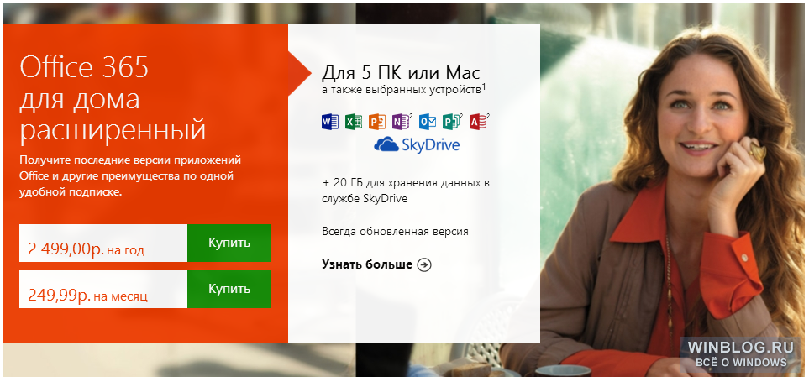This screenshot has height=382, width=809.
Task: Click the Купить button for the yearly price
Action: tap(229, 243)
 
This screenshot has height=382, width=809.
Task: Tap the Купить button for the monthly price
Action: tap(229, 289)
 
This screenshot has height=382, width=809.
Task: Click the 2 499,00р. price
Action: tap(66, 249)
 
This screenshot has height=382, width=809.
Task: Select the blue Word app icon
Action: tap(329, 121)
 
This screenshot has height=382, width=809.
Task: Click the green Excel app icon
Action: tap(354, 121)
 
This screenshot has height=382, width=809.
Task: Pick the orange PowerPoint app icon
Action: tap(377, 121)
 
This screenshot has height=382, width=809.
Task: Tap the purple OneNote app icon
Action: tap(401, 121)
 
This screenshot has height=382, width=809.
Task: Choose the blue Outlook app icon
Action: tap(428, 121)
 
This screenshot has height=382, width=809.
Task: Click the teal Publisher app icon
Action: tap(451, 121)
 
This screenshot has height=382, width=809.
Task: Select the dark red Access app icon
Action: tap(478, 121)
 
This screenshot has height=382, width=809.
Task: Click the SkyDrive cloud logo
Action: tap(386, 144)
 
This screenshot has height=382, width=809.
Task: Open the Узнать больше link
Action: tap(367, 264)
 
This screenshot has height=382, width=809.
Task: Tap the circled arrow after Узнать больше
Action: tap(424, 265)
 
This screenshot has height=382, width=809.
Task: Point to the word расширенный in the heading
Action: tap(113, 129)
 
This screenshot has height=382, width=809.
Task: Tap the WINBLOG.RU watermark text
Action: tap(738, 347)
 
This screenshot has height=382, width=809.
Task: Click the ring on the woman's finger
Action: tap(758, 151)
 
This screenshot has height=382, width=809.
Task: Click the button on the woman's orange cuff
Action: tap(745, 256)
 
